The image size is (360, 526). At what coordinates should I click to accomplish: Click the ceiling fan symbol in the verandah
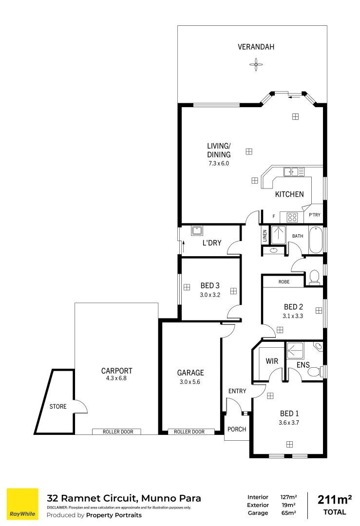pos(256,64)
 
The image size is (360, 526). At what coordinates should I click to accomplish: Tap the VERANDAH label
pos(256,47)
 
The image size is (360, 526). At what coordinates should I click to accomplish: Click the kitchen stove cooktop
pos(292,217)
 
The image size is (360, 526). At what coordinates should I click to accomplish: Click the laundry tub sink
pos(198,231)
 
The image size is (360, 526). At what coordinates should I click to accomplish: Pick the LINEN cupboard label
pos(265,236)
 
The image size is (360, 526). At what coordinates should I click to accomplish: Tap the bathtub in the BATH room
pos(316,240)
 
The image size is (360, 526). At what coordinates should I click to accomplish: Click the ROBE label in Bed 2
pos(284,282)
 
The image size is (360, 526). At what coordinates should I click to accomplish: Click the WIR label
pos(271,362)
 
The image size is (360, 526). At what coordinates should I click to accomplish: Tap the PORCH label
pos(237,429)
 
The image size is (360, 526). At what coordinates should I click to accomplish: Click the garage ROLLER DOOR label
pos(189,432)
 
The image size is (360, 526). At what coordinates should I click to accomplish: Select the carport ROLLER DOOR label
pos(116,432)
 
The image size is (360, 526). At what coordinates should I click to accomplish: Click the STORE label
pos(57,406)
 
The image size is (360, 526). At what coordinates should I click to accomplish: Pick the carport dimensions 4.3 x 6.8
pos(116,378)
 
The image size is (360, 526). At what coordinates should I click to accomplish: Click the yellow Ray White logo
pos(22,505)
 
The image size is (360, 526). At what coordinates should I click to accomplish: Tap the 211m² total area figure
pos(335,500)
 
